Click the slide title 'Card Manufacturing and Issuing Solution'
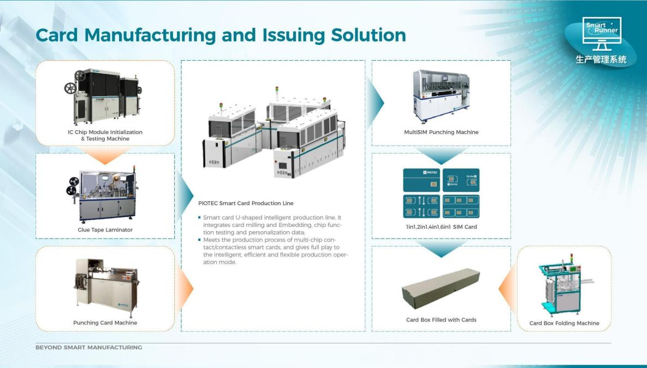[221, 35]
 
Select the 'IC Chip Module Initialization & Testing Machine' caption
[105, 135]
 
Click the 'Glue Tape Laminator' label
[105, 230]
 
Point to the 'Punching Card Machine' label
[105, 323]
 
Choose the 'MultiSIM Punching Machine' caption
[441, 132]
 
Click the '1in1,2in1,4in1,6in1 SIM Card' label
[441, 226]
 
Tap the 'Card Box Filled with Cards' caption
[441, 320]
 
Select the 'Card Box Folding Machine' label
[564, 323]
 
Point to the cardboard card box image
[441, 288]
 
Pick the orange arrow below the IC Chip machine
[105, 157]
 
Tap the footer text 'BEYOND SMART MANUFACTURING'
[88, 347]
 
